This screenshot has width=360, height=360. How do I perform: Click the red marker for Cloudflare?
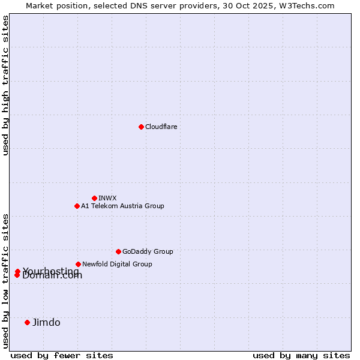tap(141, 127)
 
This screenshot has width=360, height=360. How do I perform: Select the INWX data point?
tap(94, 198)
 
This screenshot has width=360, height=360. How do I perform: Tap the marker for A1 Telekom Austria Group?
tap(77, 206)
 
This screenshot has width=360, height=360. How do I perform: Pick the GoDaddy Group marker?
tap(118, 251)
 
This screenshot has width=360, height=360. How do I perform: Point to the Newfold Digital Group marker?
tap(78, 264)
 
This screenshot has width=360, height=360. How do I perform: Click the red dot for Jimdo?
tap(27, 322)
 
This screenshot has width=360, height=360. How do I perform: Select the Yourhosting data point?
tap(18, 271)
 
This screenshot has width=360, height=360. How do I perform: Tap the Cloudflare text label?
tap(161, 127)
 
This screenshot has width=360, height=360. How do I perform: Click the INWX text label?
tap(107, 198)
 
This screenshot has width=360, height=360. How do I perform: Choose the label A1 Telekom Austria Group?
tap(122, 206)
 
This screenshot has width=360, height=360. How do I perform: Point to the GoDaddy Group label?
tap(147, 251)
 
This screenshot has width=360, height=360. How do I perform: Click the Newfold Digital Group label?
tap(117, 264)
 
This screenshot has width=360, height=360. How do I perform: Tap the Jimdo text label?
tap(46, 322)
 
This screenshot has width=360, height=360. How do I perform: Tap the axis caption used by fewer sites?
tap(62, 355)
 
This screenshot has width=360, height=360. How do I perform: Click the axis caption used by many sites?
tap(301, 355)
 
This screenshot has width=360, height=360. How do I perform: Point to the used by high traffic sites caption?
tap(5, 86)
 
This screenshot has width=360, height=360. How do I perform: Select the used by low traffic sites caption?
tap(5, 280)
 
